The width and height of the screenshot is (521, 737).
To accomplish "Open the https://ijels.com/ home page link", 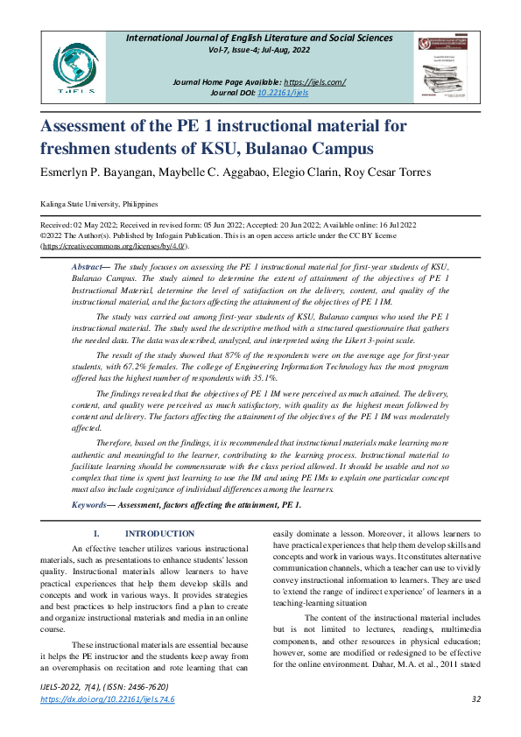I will click(312, 82).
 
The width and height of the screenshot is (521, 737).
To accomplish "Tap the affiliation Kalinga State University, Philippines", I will click(99, 203).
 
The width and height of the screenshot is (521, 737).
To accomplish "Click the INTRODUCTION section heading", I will click(160, 534).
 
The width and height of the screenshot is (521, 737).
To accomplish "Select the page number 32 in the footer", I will click(476, 699).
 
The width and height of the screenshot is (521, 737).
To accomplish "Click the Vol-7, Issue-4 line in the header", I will click(269, 52).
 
